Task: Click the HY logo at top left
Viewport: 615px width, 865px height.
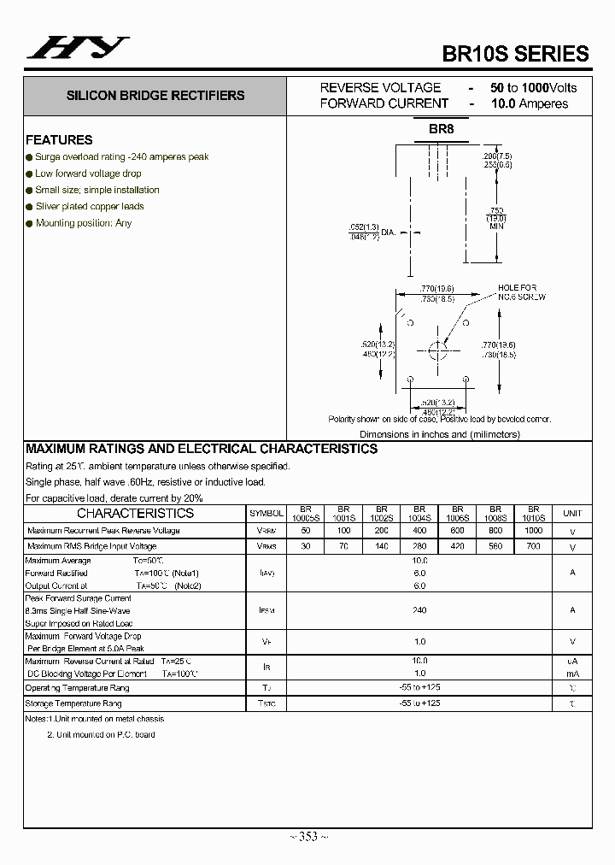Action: click(x=77, y=48)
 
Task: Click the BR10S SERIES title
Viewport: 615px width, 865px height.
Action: click(x=515, y=53)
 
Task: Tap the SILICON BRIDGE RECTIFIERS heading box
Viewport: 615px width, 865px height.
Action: click(x=155, y=96)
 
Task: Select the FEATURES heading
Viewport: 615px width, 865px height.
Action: click(x=59, y=139)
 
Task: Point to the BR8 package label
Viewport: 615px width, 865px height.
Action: click(x=441, y=129)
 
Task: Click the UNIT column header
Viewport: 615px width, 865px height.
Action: click(x=571, y=513)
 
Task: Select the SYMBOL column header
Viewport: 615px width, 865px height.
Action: click(x=266, y=513)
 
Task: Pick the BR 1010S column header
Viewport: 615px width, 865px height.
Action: click(x=534, y=513)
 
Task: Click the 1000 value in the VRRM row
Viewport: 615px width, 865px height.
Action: click(x=534, y=531)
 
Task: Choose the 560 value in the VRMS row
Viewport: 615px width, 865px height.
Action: click(x=495, y=546)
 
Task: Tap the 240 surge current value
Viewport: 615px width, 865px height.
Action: click(x=419, y=610)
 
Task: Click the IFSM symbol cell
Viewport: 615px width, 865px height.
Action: click(x=266, y=610)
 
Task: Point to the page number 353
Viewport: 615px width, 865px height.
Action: click(x=307, y=837)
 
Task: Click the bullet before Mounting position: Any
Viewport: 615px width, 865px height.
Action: click(x=29, y=223)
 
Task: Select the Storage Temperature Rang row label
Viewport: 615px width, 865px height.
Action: click(x=73, y=703)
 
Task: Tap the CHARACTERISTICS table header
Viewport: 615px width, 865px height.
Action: click(x=135, y=513)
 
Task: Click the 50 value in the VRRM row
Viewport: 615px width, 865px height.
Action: click(x=306, y=531)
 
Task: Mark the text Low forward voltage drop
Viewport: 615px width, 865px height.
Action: click(x=88, y=174)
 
